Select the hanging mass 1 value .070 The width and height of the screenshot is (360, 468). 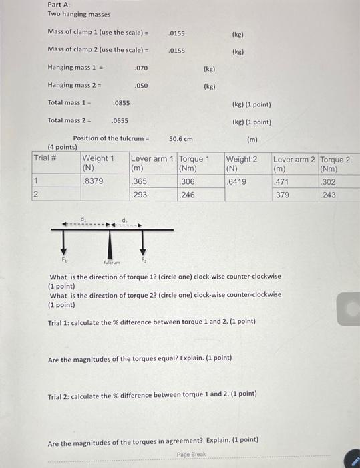click(141, 68)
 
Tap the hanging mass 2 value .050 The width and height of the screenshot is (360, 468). click(141, 86)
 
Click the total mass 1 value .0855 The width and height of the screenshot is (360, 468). click(122, 103)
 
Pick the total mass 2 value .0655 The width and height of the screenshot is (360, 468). click(120, 121)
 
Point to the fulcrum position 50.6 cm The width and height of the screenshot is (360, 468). click(180, 139)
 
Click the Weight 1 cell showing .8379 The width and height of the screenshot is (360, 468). click(92, 181)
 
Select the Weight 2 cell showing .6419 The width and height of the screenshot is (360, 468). click(237, 181)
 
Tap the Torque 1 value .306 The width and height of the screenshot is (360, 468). click(188, 181)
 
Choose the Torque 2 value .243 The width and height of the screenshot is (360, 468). click(329, 195)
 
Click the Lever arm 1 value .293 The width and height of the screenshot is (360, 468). click(140, 195)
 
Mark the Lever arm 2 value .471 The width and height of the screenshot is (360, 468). click(282, 181)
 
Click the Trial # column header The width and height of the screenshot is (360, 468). click(45, 158)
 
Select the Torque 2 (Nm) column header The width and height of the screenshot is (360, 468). click(335, 164)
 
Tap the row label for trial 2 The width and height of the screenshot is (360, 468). click(37, 195)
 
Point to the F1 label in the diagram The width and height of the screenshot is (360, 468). click(65, 258)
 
